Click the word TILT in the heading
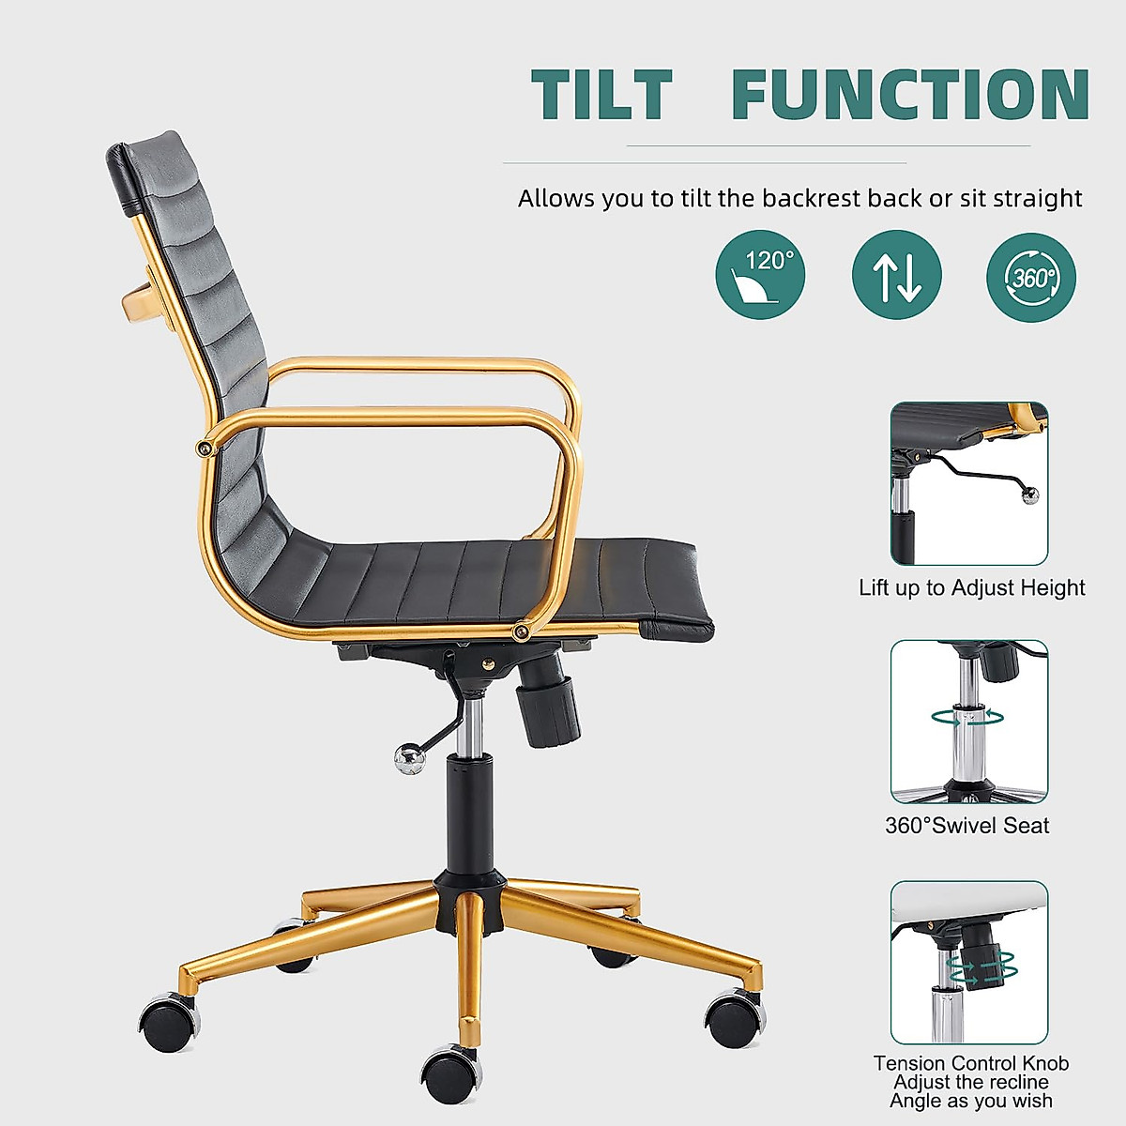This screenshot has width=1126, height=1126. point(601,94)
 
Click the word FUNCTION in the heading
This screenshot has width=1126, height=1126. point(910,94)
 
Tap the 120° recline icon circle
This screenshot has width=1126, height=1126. point(760,275)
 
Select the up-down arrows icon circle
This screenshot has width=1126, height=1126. point(896,275)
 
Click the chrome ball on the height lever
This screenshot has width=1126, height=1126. point(409,759)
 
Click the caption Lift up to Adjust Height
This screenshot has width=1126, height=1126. point(971,587)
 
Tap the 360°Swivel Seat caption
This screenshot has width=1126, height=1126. point(967,826)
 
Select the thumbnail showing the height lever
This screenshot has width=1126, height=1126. point(969,483)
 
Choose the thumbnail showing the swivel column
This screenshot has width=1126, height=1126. point(969,723)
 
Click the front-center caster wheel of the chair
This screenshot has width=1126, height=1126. point(451,1074)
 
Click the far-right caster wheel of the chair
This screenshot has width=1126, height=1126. point(735,1018)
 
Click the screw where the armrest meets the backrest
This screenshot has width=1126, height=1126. point(205,448)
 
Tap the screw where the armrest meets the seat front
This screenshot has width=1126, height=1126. point(519,631)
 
